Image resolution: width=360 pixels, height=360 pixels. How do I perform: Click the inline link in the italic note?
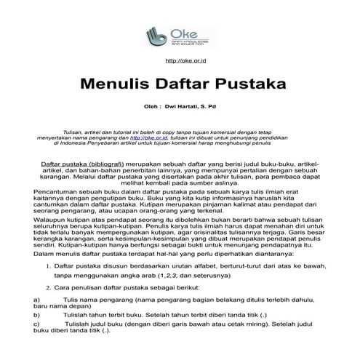coord(153,135)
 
